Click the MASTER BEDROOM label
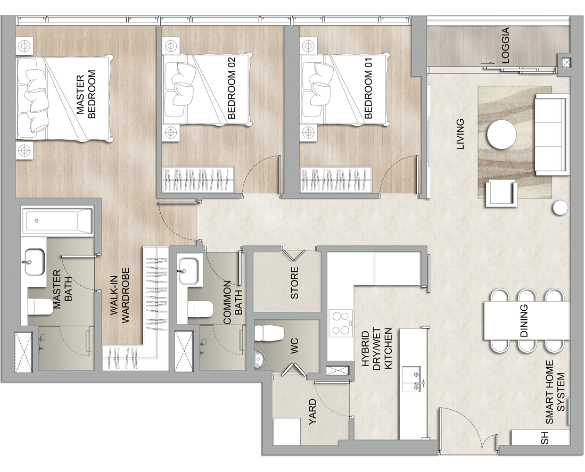(x=86, y=94)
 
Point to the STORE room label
(x=294, y=283)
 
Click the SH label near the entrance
(x=545, y=438)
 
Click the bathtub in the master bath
(x=57, y=221)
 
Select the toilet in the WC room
(x=270, y=333)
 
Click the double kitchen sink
(x=412, y=378)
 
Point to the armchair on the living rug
(x=501, y=193)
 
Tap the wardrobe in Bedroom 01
(x=336, y=180)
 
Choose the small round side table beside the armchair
(x=560, y=208)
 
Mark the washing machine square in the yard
(x=287, y=431)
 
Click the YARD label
(x=312, y=412)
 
